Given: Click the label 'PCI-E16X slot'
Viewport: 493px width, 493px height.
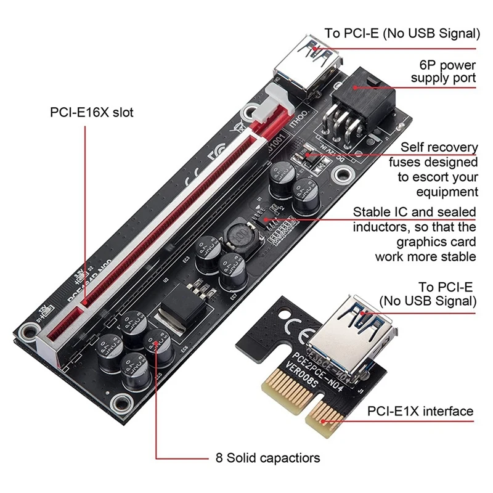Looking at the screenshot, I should click(92, 113).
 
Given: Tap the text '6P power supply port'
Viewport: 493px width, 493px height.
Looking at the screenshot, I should click(443, 71).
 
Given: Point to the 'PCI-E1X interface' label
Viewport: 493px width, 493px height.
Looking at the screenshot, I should click(421, 411).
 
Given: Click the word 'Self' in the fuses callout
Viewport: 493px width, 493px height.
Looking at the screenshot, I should click(412, 147).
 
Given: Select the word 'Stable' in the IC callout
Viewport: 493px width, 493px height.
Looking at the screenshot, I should click(370, 212).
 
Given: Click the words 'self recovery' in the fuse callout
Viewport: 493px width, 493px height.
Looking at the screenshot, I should click(439, 147).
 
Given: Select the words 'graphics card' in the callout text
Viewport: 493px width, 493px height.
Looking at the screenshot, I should click(436, 242).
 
